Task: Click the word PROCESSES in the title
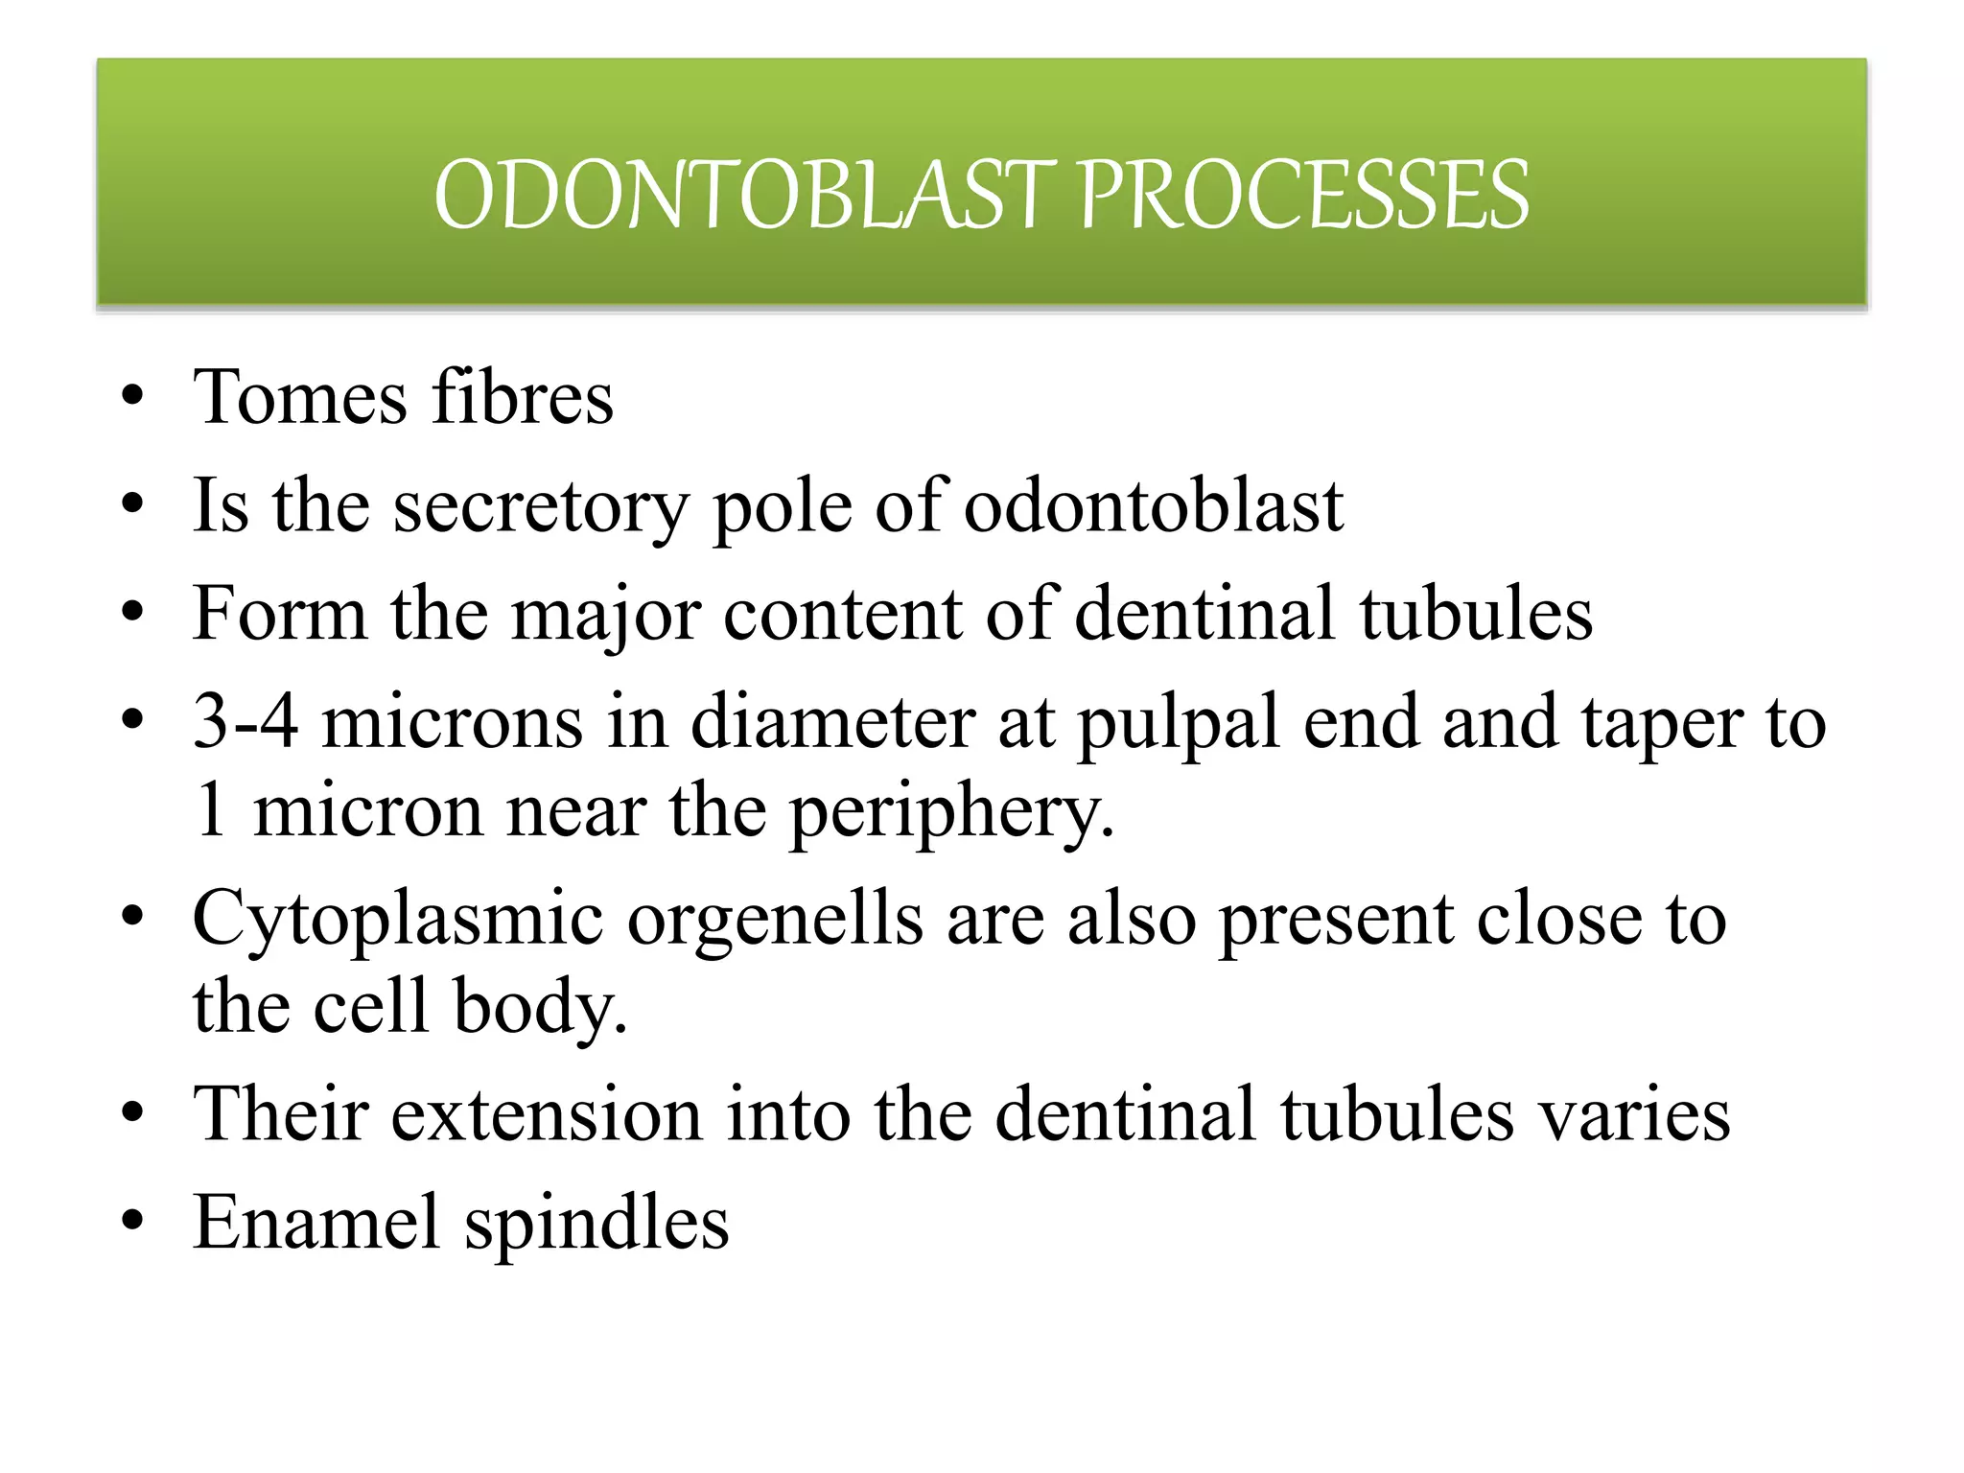[1303, 196]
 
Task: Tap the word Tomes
[299, 398]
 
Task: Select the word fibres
[523, 398]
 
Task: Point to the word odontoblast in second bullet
[1153, 506]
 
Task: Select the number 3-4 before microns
[245, 722]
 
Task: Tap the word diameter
[831, 722]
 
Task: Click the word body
[540, 1007]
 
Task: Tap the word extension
[547, 1115]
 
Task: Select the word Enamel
[316, 1224]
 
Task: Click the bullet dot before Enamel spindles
[133, 1222]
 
